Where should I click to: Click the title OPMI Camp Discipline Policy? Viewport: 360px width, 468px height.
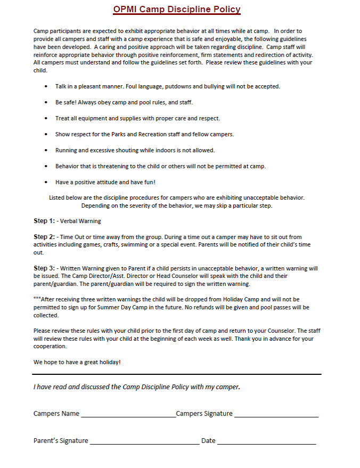pos(177,10)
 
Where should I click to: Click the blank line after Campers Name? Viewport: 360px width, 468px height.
pos(128,415)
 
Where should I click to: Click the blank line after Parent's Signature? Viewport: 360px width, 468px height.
pos(144,442)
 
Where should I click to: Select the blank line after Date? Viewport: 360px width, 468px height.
pos(266,442)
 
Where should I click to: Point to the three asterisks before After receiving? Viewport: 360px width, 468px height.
pos(37,300)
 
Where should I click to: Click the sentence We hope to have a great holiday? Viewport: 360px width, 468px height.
pos(77,362)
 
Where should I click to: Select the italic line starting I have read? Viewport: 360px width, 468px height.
pos(136,387)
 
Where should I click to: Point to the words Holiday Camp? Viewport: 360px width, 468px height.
pos(239,300)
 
